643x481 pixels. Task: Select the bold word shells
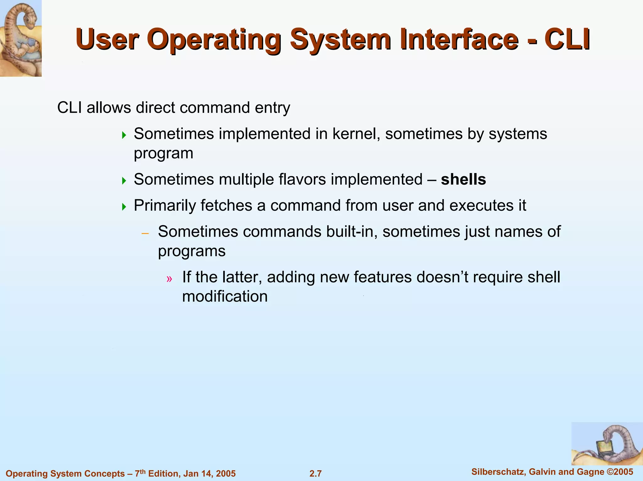pyautogui.click(x=463, y=180)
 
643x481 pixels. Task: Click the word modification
pyautogui.click(x=225, y=297)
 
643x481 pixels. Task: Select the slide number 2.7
pyautogui.click(x=316, y=473)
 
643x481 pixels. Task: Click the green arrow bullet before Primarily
pyautogui.click(x=124, y=207)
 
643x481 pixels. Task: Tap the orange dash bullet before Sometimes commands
pyautogui.click(x=145, y=233)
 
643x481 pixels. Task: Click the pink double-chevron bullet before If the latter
pyautogui.click(x=170, y=279)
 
